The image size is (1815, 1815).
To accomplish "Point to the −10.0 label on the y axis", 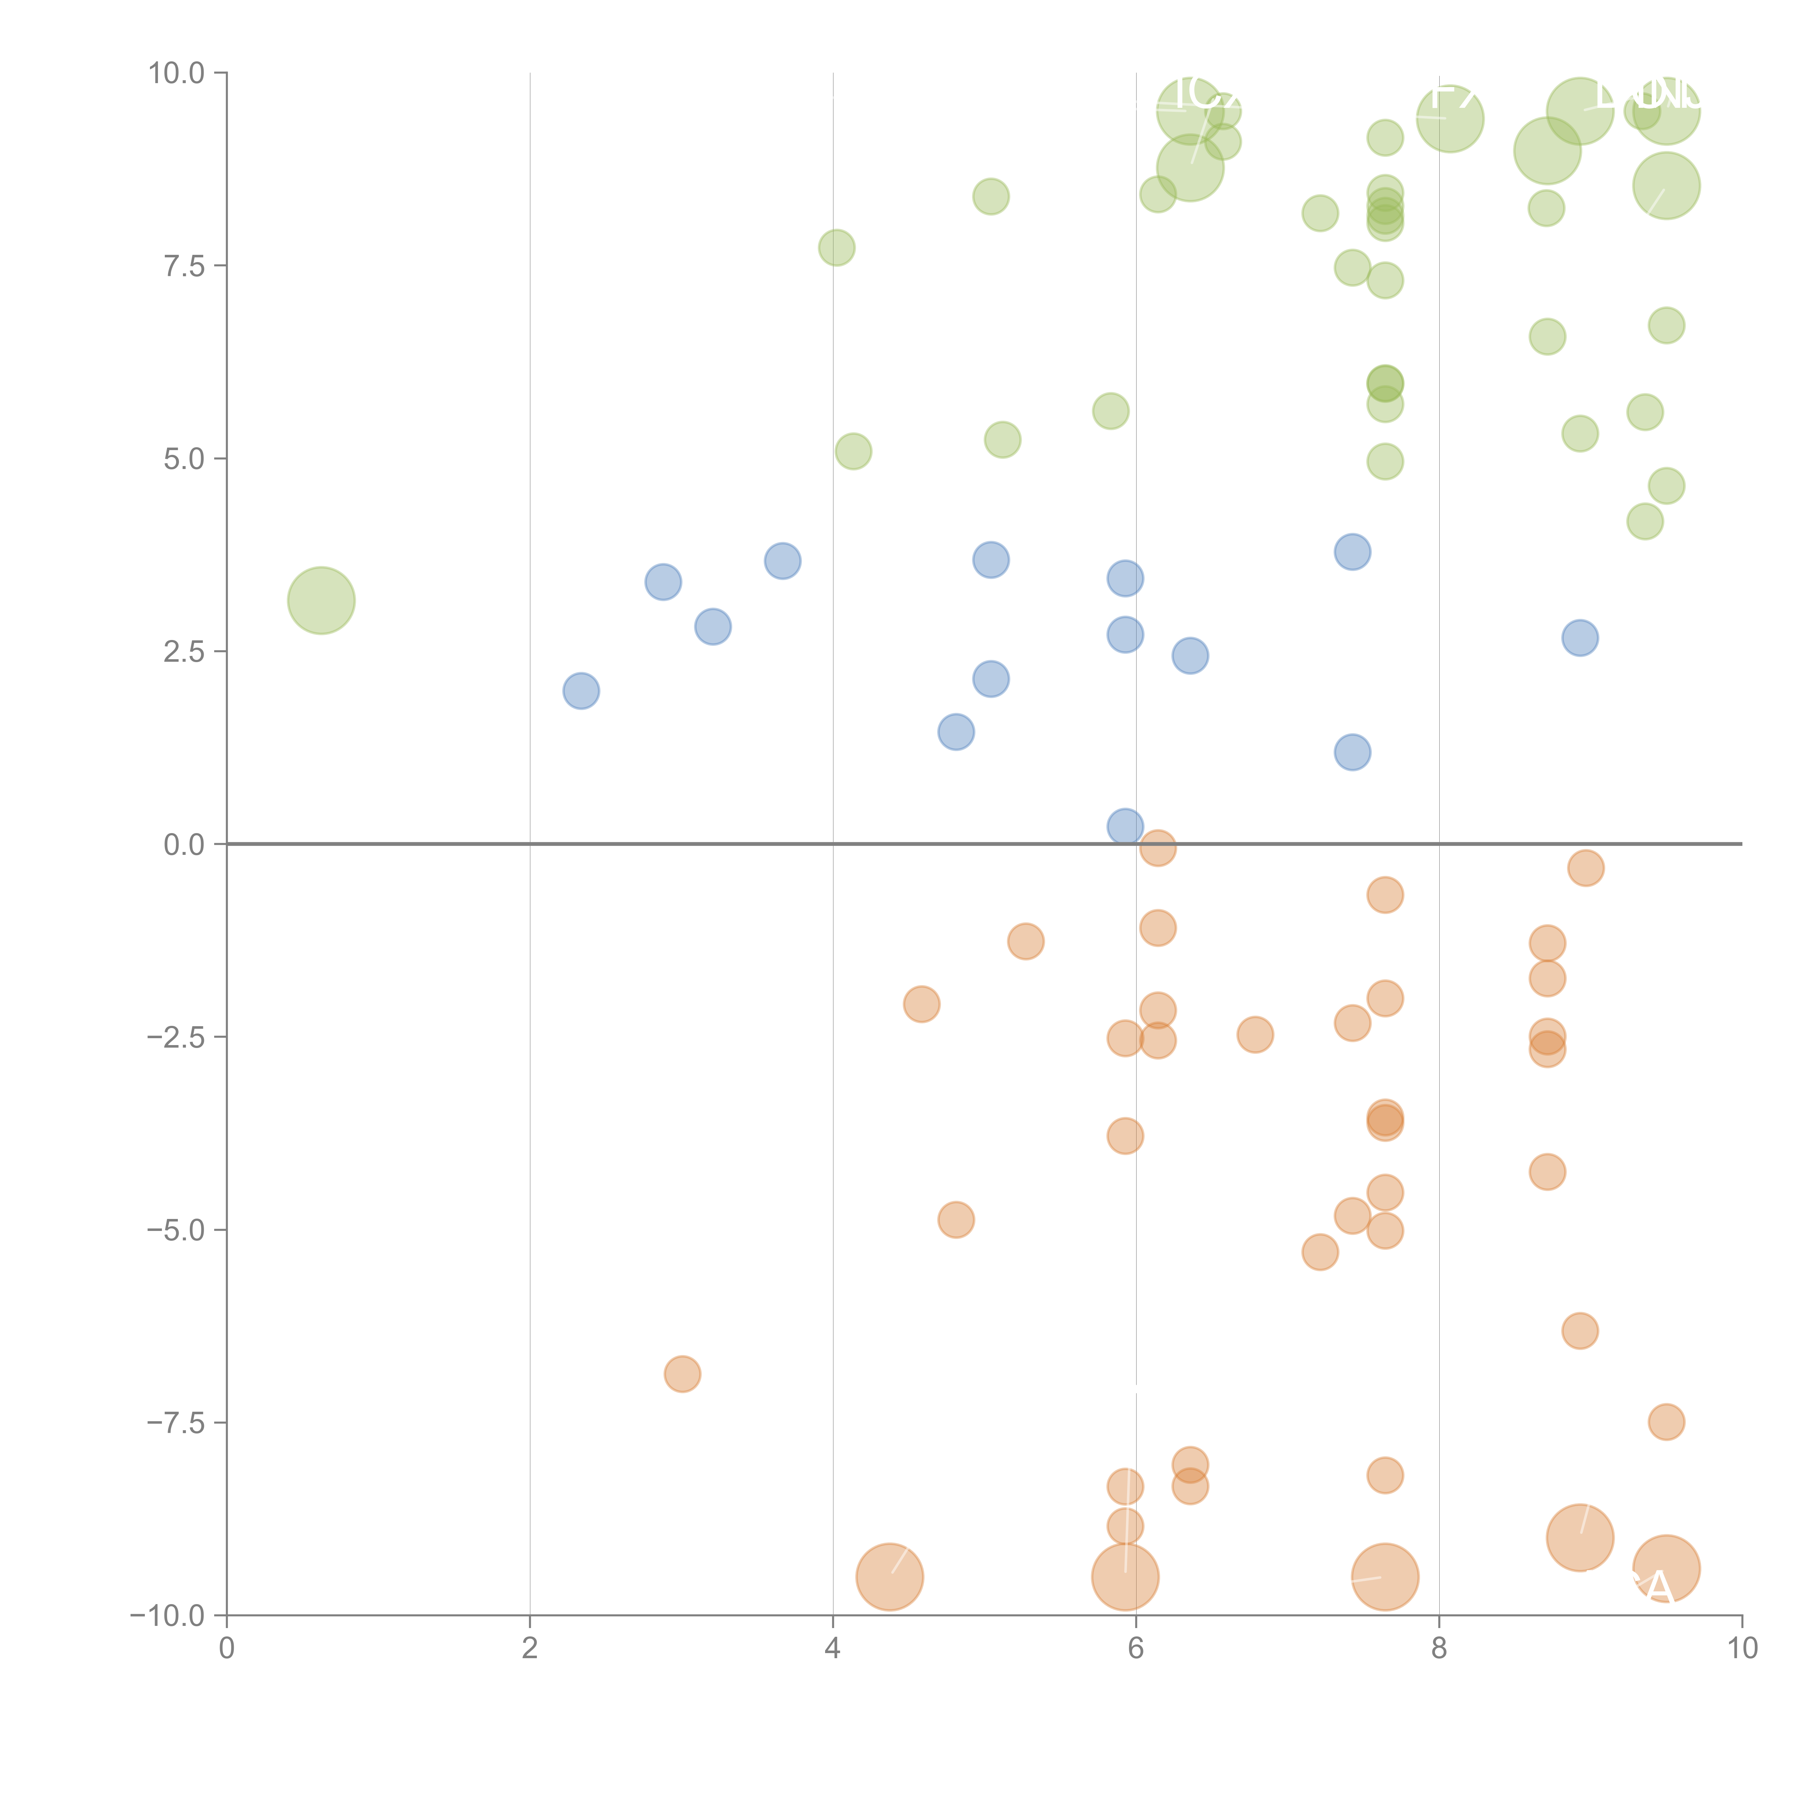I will [167, 1616].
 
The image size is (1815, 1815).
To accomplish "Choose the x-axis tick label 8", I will [1439, 1649].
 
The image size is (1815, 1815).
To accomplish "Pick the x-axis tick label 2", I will [530, 1649].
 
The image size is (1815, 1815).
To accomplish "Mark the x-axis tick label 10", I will [1742, 1649].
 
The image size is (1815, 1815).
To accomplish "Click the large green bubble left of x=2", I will [321, 600].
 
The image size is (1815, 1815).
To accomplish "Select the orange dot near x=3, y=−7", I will [682, 1374].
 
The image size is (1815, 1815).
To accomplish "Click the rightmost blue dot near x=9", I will [1580, 638].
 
